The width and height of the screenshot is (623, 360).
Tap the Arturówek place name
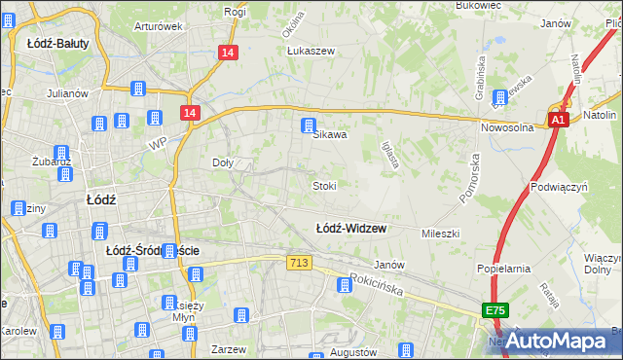pyautogui.click(x=159, y=26)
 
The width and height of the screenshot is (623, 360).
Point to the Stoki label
pyautogui.click(x=324, y=185)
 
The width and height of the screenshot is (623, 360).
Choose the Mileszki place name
pyautogui.click(x=440, y=234)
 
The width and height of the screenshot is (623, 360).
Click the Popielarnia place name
pyautogui.click(x=502, y=267)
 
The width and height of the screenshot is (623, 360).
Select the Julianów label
pyautogui.click(x=67, y=94)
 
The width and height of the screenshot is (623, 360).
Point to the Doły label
pyautogui.click(x=223, y=163)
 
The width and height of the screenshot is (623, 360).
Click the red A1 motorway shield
pyautogui.click(x=557, y=120)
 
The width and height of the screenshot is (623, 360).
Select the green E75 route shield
pyautogui.click(x=495, y=310)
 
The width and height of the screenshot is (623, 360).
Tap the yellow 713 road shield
pyautogui.click(x=299, y=263)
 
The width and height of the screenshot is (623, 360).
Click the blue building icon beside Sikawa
pyautogui.click(x=309, y=126)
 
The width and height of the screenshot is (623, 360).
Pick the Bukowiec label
pyautogui.click(x=477, y=5)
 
